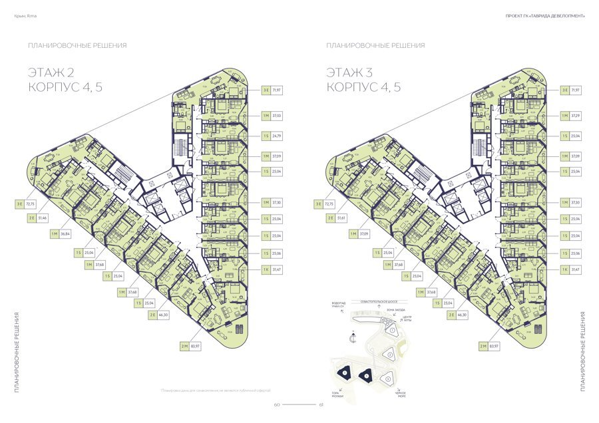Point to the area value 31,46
(x=43, y=217)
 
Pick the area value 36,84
(x=65, y=233)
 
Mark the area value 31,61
(x=342, y=217)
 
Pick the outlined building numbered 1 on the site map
(x=393, y=330)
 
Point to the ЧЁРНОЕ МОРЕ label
(x=401, y=394)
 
